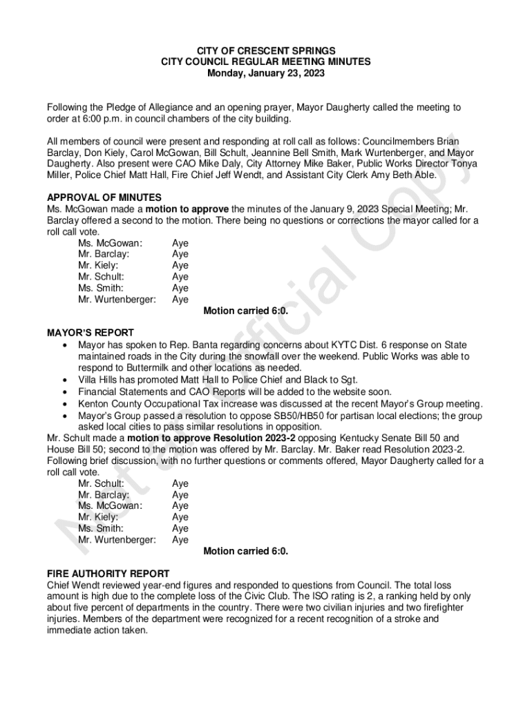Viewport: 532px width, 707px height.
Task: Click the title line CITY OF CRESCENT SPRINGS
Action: (266, 50)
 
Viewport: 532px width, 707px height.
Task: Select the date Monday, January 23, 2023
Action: (266, 72)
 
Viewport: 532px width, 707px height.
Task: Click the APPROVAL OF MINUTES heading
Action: (104, 197)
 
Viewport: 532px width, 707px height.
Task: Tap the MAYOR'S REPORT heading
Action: (90, 333)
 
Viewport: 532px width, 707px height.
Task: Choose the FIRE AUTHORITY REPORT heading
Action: (108, 574)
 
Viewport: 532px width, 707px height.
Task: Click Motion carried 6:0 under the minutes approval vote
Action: (245, 311)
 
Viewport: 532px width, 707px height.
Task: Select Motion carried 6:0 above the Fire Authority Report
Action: (245, 551)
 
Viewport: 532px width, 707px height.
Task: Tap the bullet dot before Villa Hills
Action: (64, 380)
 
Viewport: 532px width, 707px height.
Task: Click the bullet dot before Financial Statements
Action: (64, 391)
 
